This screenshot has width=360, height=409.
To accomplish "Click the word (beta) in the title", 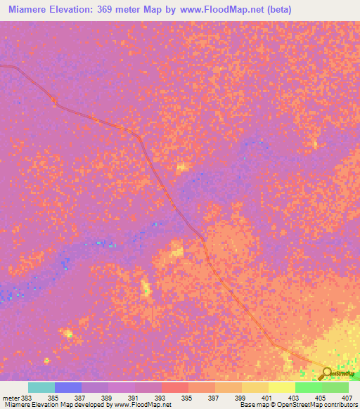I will [x=276, y=10].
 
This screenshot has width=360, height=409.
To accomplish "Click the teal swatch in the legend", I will [x=41, y=387].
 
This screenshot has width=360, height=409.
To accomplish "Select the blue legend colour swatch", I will [x=68, y=387].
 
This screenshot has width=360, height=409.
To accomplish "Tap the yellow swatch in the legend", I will [x=282, y=387].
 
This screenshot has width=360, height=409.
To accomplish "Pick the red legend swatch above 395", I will [x=175, y=387].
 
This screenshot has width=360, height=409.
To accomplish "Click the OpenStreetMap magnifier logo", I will [x=325, y=374].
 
